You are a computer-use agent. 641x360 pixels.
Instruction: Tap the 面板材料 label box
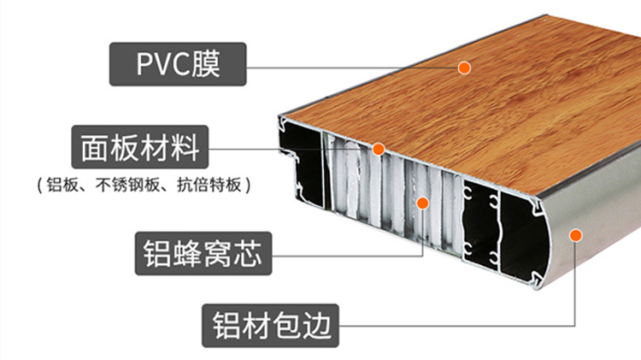138,148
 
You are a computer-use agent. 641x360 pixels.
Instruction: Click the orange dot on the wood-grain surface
464,67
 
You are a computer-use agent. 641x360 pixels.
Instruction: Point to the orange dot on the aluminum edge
575,233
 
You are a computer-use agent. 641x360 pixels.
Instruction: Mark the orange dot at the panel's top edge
379,150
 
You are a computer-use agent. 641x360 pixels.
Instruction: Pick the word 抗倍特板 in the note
207,185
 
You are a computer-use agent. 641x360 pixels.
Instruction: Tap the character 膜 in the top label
206,63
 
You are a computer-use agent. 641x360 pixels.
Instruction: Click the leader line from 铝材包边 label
444,323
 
